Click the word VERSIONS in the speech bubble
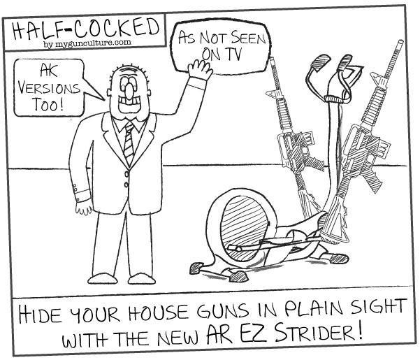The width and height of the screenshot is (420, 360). point(49,88)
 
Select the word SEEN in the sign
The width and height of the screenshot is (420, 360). point(248,39)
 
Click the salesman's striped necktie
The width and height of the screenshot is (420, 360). point(129,143)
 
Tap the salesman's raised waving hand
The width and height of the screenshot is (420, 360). point(200,69)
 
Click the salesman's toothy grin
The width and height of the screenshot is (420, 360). point(129,104)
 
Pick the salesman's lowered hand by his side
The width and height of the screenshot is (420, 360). point(84,208)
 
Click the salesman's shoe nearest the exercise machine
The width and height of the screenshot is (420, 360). point(141,279)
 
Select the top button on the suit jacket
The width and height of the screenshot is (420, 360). point(127,174)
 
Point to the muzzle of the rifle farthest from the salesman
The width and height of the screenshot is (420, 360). point(400,43)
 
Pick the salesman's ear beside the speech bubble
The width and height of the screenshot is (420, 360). point(109,92)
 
